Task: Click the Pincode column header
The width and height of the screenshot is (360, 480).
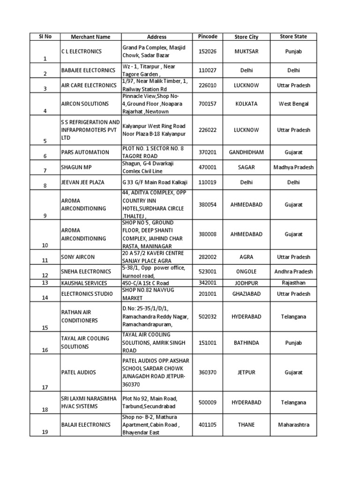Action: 208,37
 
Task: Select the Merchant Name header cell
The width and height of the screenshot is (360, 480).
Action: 90,37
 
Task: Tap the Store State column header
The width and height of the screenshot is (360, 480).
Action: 293,37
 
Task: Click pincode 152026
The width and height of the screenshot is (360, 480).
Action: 208,52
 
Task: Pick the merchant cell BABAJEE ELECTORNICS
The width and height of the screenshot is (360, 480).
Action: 88,70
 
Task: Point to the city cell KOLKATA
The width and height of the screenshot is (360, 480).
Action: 247,104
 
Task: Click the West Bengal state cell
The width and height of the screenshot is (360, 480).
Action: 293,104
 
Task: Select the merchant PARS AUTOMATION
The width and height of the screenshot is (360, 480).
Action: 85,152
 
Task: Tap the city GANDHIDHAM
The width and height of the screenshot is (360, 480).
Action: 247,152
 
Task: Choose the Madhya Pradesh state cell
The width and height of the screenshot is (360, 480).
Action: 293,167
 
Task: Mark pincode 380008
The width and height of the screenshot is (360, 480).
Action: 208,234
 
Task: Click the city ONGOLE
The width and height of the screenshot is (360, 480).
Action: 247,272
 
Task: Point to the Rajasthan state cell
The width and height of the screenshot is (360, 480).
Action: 293,283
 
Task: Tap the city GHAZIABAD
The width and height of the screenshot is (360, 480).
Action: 247,294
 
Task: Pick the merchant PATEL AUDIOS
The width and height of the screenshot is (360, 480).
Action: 79,372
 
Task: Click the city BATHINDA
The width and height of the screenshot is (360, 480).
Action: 247,343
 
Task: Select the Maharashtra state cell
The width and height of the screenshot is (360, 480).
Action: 293,425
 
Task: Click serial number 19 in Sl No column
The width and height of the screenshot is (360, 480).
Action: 45,433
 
